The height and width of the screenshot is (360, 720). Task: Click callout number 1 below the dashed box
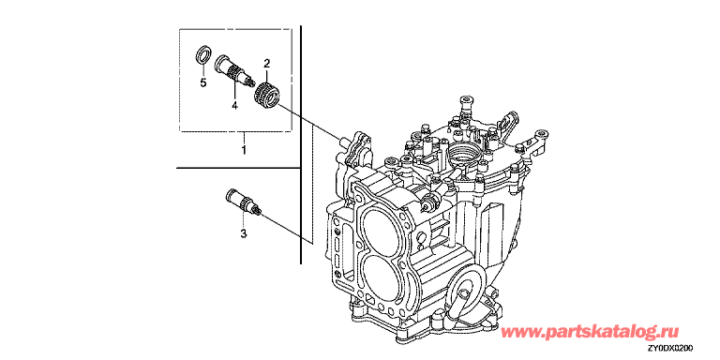[244, 150]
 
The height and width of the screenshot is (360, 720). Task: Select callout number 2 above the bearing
[266, 63]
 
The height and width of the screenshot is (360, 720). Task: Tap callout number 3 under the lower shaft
[244, 233]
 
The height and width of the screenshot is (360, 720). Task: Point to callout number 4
[234, 106]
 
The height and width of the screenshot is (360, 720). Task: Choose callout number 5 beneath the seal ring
[202, 82]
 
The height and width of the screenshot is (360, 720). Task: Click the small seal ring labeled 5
[203, 54]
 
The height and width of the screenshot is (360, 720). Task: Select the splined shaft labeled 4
[234, 71]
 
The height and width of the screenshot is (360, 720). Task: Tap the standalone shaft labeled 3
[245, 202]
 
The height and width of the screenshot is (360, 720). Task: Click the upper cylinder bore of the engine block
[382, 225]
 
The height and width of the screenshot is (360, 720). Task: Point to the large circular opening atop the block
[463, 153]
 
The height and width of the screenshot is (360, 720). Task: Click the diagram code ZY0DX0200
[670, 348]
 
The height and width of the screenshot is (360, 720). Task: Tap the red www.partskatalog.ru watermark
[590, 331]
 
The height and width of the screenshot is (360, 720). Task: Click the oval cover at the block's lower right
[468, 292]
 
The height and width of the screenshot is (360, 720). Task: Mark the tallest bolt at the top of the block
[467, 107]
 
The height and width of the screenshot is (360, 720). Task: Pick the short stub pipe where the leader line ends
[341, 139]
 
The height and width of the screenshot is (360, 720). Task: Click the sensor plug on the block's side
[429, 202]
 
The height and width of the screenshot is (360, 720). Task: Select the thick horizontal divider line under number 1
[238, 168]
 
